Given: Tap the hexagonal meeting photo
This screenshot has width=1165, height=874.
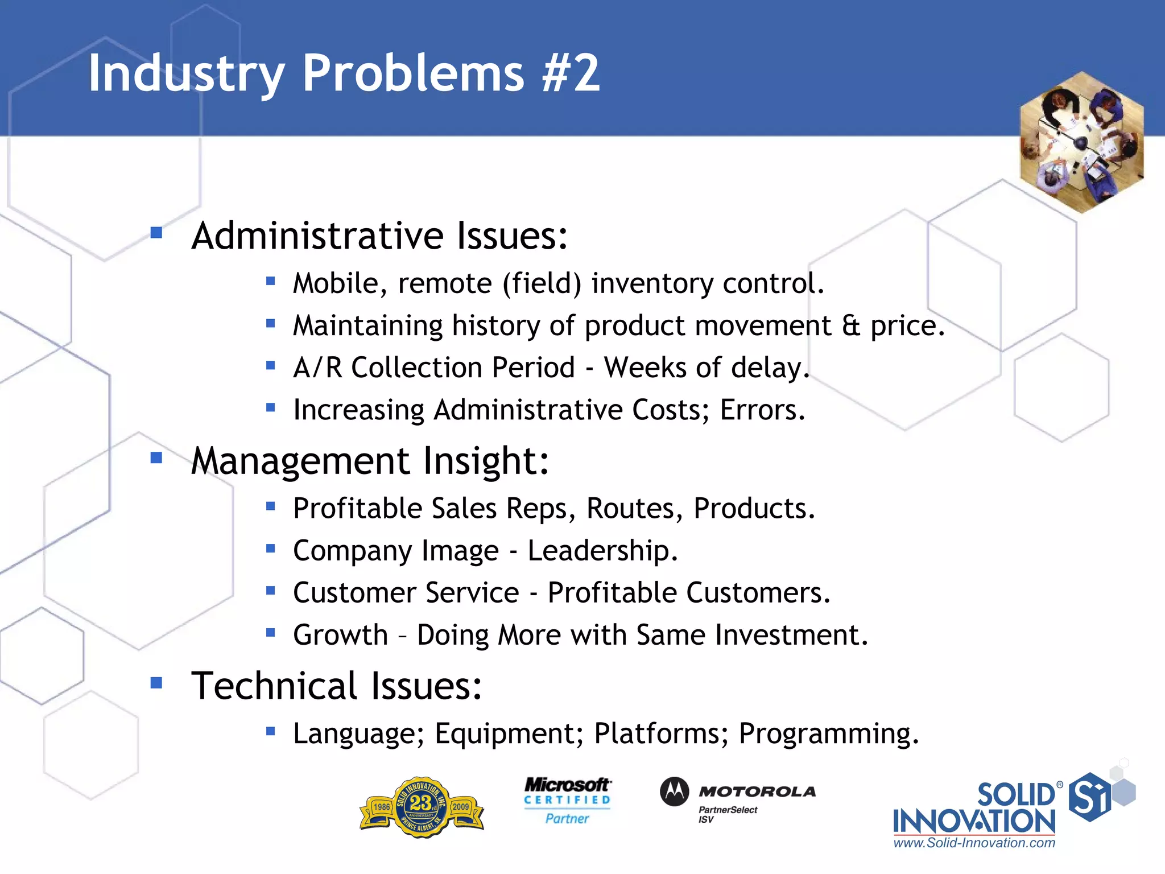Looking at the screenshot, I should pos(1081,142).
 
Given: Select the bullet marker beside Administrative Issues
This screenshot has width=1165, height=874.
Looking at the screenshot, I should pos(156,233).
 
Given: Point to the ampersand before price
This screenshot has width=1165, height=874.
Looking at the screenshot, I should pos(851,325).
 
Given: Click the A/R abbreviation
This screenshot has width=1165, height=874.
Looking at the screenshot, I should pos(317,368).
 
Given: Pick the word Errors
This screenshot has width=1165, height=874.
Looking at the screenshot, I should pos(762,410).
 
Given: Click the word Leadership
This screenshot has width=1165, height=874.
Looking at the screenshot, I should pos(602,551).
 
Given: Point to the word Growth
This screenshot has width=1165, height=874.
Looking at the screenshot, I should pos(340,635).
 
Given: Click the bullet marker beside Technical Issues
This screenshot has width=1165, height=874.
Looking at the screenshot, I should pos(156,683).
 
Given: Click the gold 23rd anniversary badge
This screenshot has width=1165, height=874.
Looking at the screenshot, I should pos(422,807).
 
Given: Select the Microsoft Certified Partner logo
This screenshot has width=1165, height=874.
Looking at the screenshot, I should pos(567,801).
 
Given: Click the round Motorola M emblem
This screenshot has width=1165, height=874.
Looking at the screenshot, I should pos(674,791).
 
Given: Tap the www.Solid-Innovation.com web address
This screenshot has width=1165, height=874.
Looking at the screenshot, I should pos(974,843).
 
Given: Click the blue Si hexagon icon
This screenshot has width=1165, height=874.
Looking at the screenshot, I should pos(1089,797).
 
